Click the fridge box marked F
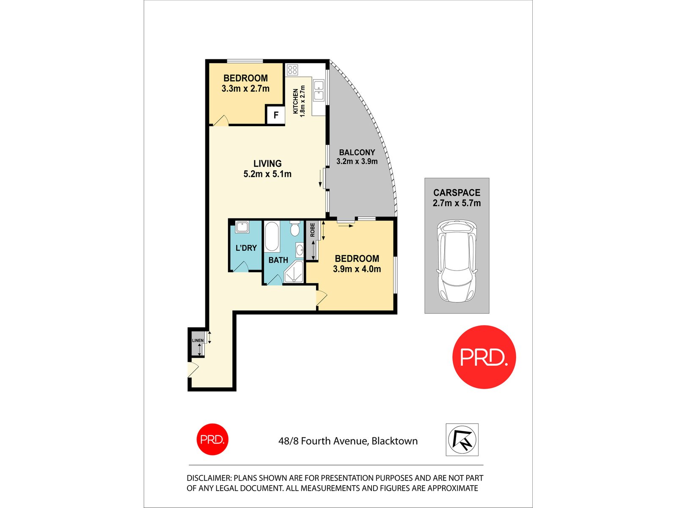click(275, 115)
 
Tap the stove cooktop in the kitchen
click(292, 70)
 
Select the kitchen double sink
click(319, 91)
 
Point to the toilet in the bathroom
click(295, 229)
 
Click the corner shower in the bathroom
click(294, 272)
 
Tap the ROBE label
click(312, 230)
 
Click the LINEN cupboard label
click(198, 340)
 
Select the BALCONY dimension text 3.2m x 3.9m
click(357, 161)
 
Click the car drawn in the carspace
click(457, 261)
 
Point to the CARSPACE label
click(457, 193)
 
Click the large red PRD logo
click(484, 357)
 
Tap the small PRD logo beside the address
click(212, 439)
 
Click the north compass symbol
click(462, 439)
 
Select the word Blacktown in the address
click(394, 441)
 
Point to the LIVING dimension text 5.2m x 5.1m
click(267, 174)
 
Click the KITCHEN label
click(295, 101)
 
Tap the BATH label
click(278, 260)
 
